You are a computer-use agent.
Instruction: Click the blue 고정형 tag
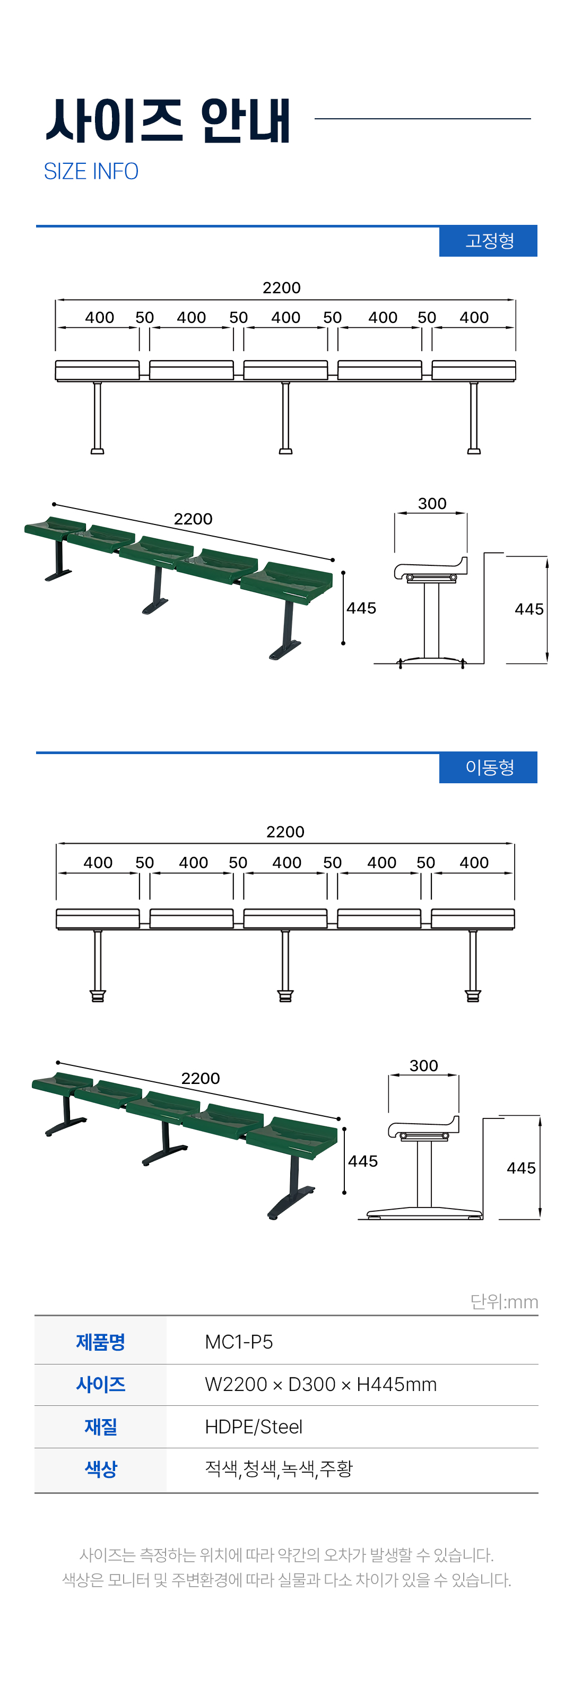[488, 240]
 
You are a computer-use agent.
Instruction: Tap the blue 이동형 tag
[488, 767]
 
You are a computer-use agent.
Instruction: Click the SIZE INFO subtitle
[91, 171]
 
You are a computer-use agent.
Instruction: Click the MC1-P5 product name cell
[239, 1342]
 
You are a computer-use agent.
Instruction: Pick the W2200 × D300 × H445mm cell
[320, 1384]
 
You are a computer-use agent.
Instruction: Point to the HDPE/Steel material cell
[253, 1426]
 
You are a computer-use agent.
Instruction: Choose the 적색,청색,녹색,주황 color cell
[278, 1468]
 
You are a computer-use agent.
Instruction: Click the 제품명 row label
[100, 1342]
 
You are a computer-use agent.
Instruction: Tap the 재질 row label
[100, 1426]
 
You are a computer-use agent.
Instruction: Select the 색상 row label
[100, 1468]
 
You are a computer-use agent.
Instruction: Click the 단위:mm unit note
[504, 1302]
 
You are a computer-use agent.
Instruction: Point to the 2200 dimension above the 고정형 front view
[282, 288]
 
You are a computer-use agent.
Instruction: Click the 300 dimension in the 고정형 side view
[432, 504]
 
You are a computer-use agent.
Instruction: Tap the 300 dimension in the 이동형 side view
[423, 1066]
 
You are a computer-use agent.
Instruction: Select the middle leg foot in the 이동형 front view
[285, 995]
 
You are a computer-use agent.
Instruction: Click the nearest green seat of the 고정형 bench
[287, 582]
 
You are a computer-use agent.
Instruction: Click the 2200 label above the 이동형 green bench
[201, 1079]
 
